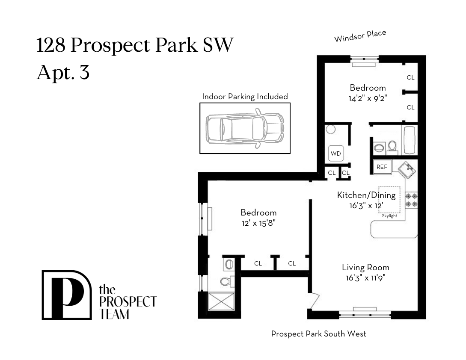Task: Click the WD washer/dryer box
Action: click(x=336, y=153)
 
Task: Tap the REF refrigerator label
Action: click(x=382, y=167)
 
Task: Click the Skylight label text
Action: click(x=389, y=216)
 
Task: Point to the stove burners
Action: click(x=411, y=200)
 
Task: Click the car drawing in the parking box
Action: click(x=245, y=128)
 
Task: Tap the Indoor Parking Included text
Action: click(x=245, y=97)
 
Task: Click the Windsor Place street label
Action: click(x=360, y=36)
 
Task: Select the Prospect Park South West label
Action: click(x=318, y=333)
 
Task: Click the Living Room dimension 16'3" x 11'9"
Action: click(x=365, y=277)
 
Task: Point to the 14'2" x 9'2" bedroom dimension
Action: click(x=368, y=97)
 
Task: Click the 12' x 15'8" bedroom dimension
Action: click(x=258, y=222)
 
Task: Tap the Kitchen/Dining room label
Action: click(x=365, y=195)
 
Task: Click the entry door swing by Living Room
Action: click(x=313, y=301)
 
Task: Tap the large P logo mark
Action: click(x=66, y=295)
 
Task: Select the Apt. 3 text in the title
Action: click(x=63, y=72)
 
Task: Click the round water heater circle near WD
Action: click(x=330, y=129)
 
